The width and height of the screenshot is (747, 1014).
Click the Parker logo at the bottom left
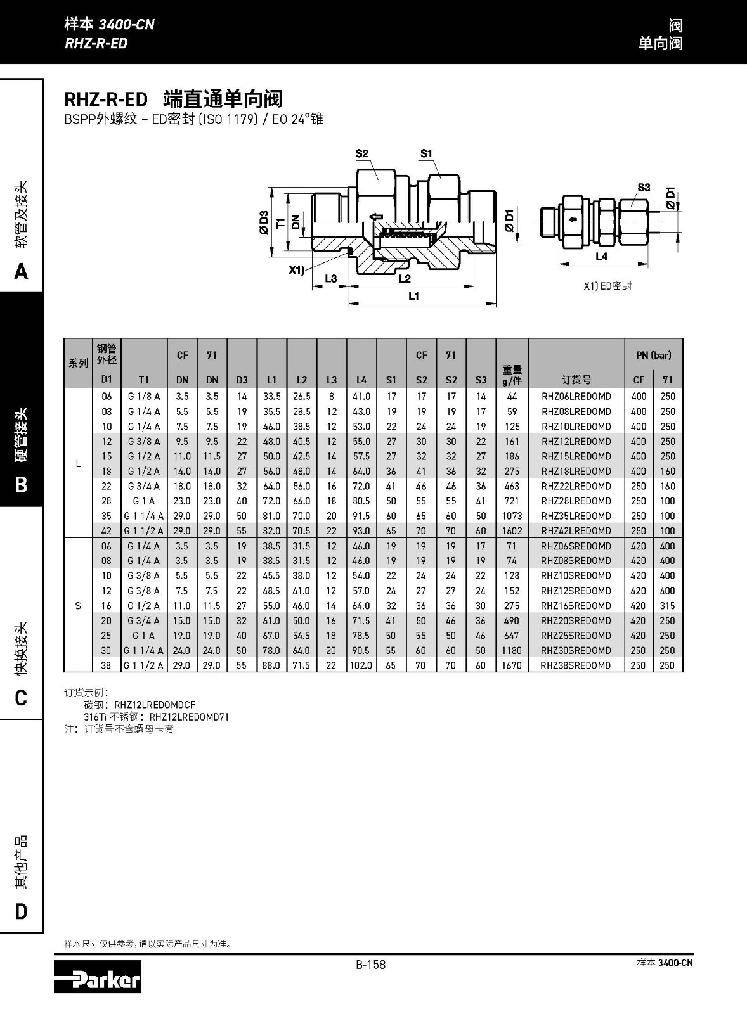click(98, 977)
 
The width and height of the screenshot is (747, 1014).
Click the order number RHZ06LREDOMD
click(576, 397)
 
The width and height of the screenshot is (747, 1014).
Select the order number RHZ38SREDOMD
click(576, 665)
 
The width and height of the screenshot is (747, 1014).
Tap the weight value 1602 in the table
click(512, 531)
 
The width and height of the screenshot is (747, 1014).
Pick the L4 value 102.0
click(361, 665)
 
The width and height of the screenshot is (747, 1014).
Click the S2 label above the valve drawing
click(362, 153)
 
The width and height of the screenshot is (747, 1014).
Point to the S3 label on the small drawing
click(644, 188)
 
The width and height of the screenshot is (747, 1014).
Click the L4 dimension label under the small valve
click(601, 257)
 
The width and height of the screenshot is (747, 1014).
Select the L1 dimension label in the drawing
click(414, 296)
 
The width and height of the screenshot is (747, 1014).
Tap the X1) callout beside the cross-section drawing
click(296, 270)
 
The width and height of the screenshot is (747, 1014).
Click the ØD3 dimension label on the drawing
click(264, 221)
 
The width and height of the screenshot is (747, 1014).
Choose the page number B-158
click(370, 965)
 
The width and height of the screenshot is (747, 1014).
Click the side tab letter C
click(21, 698)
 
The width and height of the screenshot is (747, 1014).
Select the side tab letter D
click(21, 911)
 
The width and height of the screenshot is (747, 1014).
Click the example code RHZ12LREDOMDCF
click(155, 705)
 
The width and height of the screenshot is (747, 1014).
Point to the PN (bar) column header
click(653, 355)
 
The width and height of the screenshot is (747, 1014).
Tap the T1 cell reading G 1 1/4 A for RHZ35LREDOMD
click(144, 516)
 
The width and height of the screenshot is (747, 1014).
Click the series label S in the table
click(78, 606)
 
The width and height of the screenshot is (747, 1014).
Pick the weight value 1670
click(512, 665)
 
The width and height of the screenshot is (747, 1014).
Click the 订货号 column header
click(576, 380)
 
